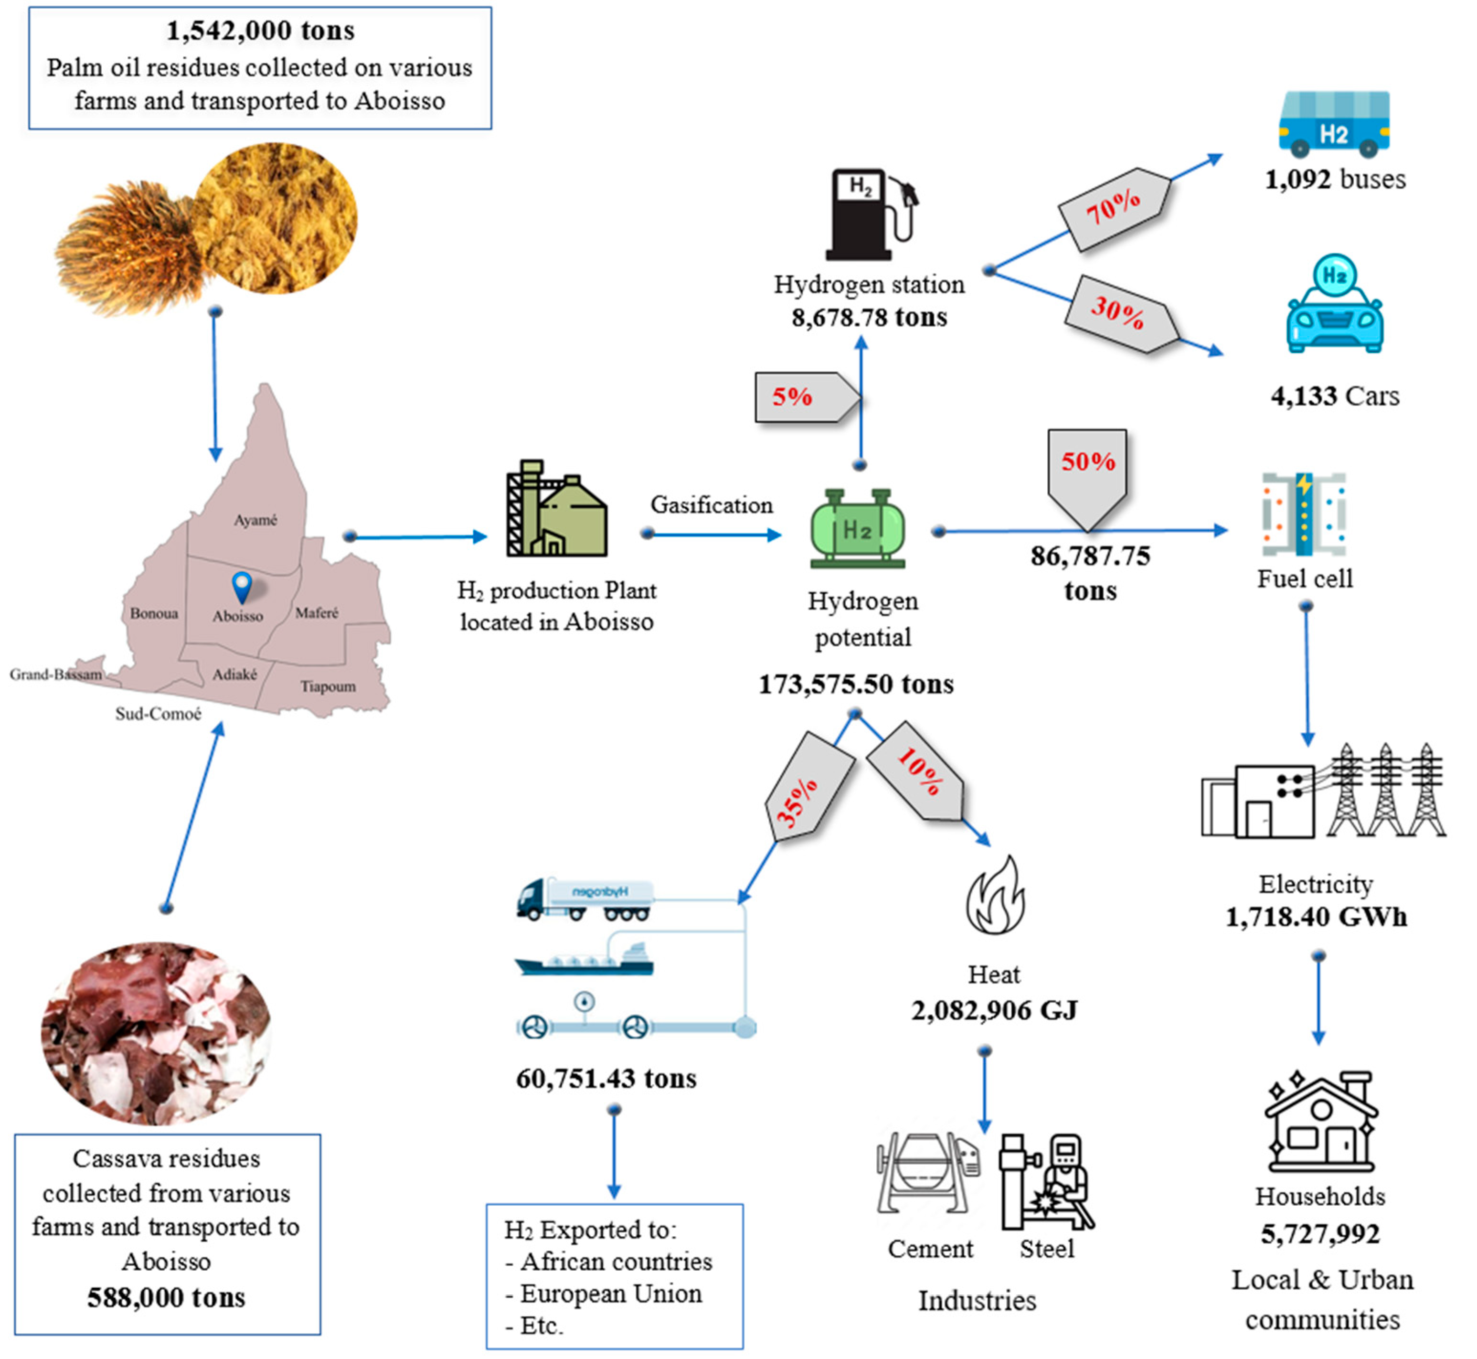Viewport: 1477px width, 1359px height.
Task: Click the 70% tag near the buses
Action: pos(1113,209)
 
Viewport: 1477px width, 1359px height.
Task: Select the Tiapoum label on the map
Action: pos(328,686)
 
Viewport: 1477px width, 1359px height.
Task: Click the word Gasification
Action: pos(711,505)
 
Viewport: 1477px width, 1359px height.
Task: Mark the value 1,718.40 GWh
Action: pos(1316,917)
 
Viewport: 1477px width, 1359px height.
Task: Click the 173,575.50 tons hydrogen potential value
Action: pos(856,685)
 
